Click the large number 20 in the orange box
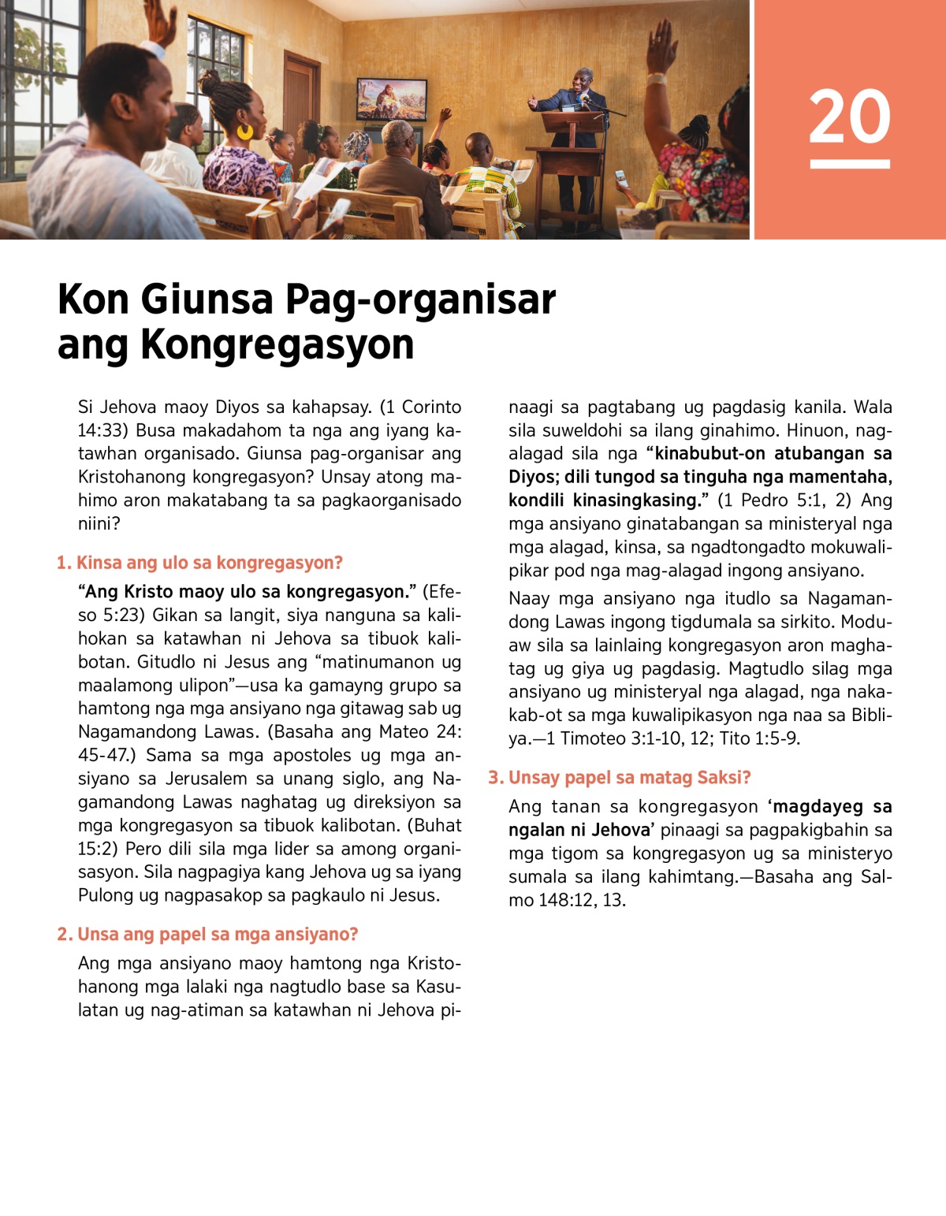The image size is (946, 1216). [849, 116]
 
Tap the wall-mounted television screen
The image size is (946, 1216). [392, 99]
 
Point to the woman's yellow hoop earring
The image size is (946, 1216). [245, 130]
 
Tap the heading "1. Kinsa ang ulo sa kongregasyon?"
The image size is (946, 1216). [199, 563]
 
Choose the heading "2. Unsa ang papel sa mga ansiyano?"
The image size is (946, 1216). [207, 934]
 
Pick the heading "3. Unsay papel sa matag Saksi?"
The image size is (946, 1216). [619, 777]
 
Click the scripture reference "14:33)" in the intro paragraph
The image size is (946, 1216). [104, 430]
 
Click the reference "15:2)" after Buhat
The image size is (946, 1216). [99, 849]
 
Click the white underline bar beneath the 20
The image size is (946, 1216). [849, 164]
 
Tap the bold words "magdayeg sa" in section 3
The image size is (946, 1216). [832, 806]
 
